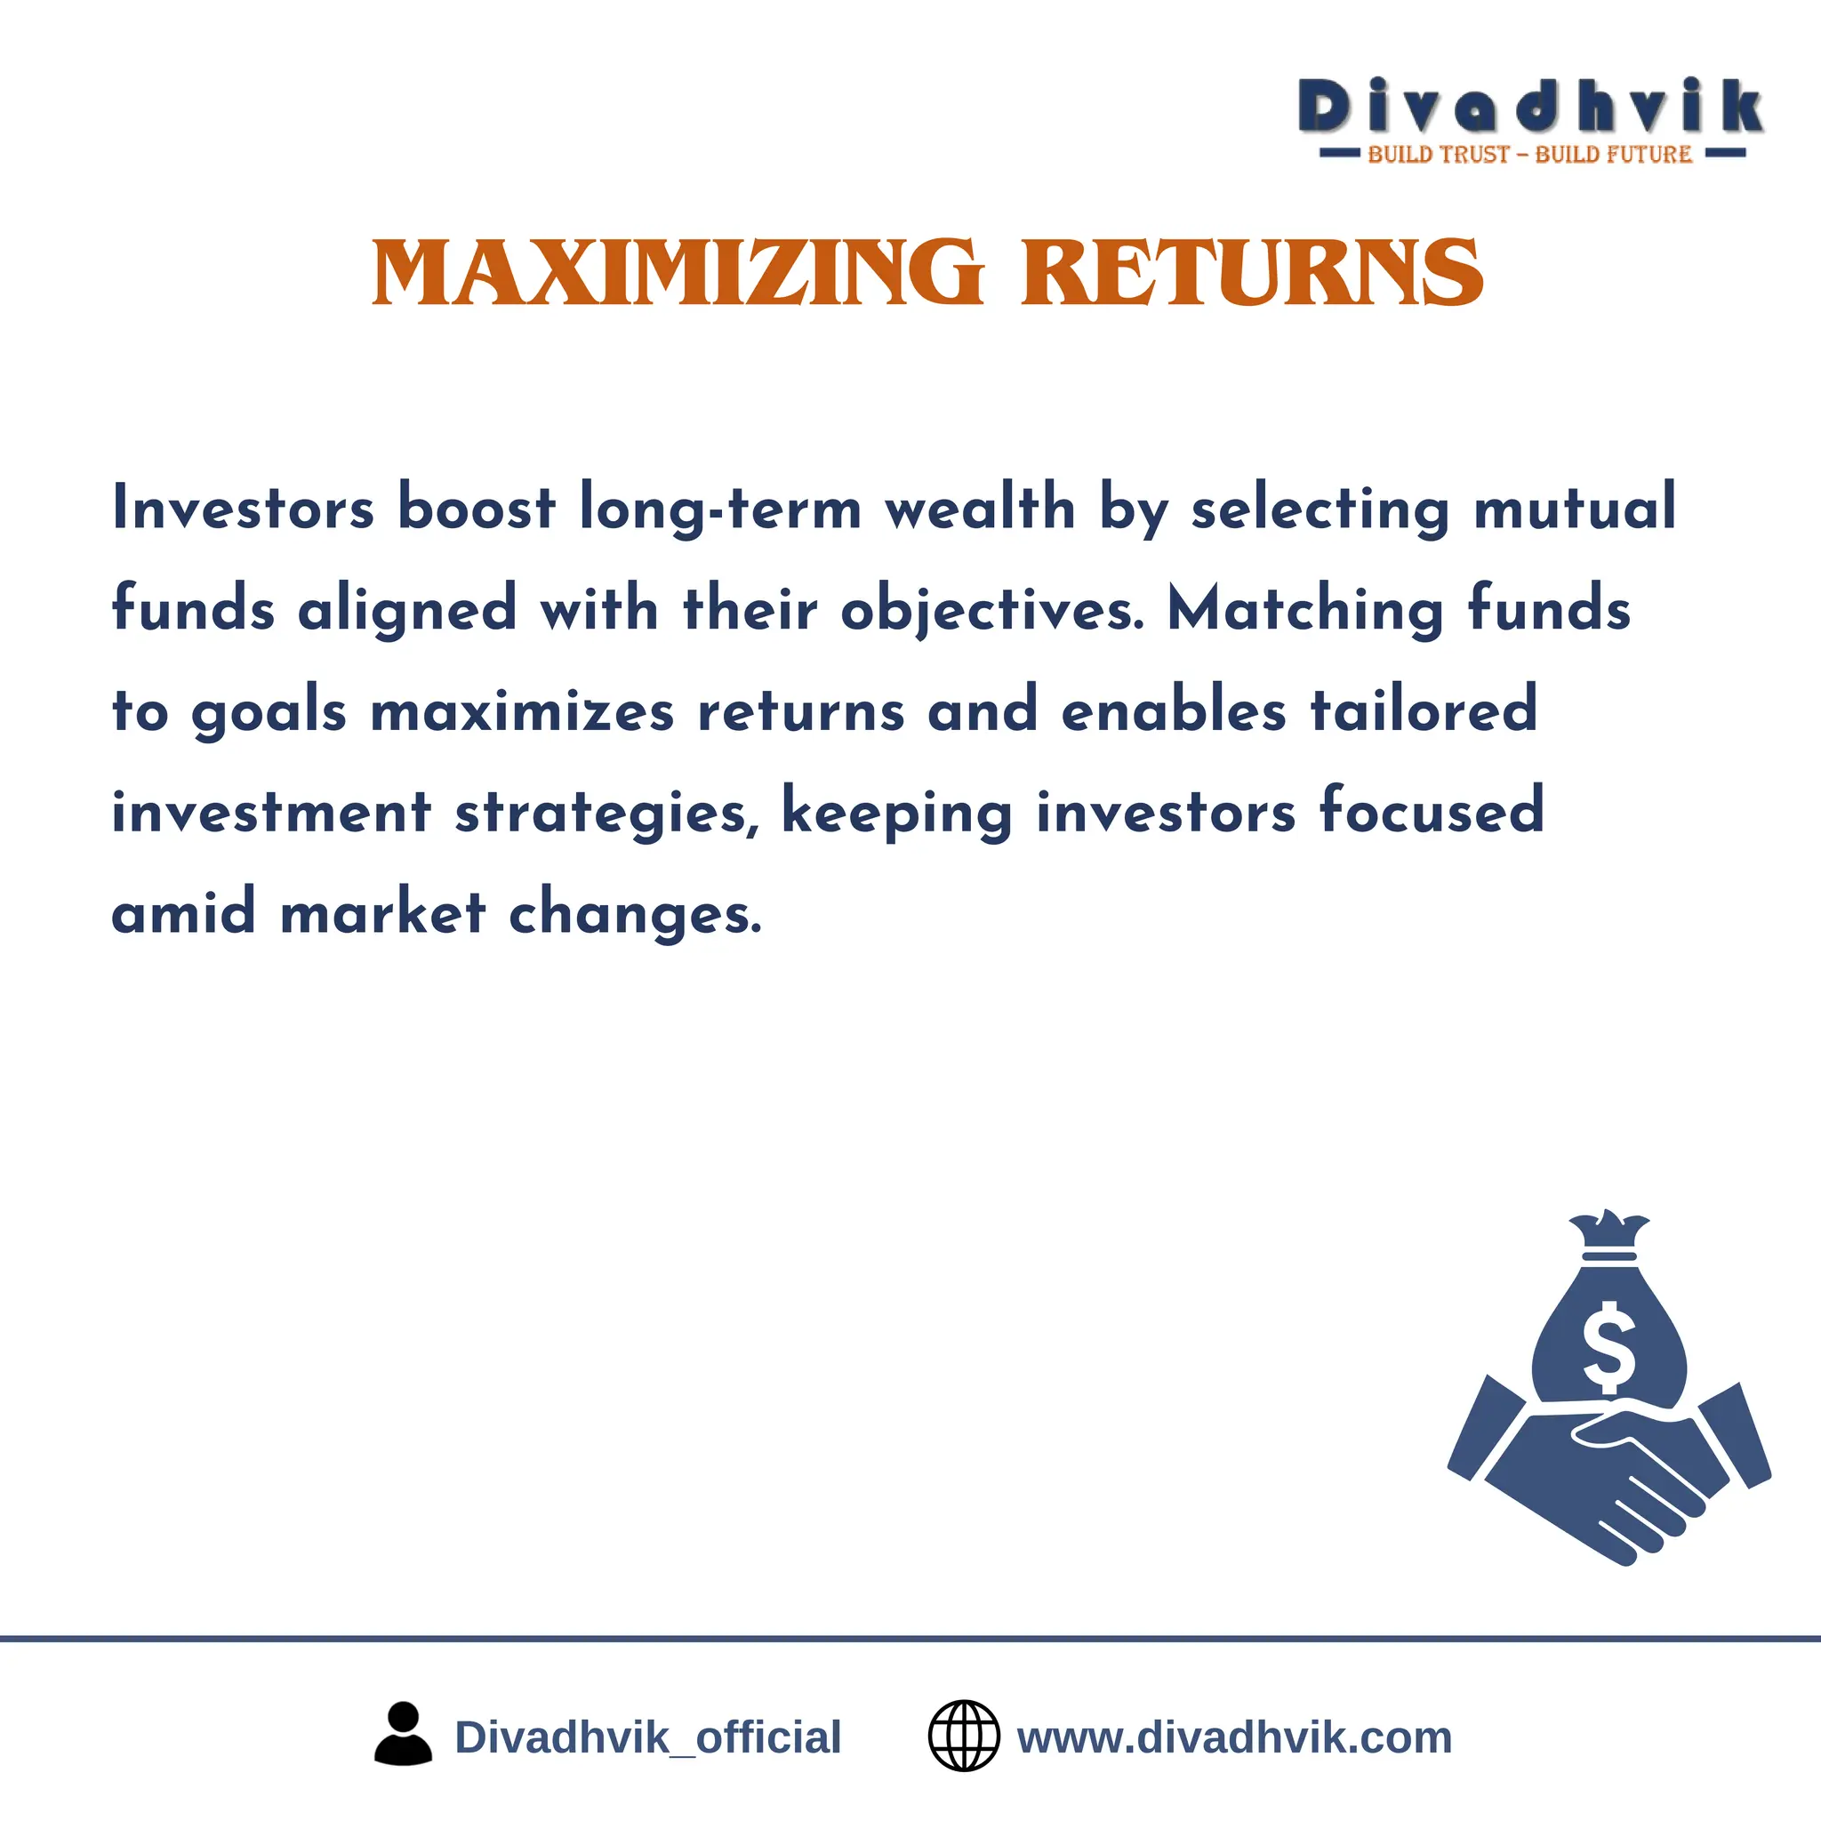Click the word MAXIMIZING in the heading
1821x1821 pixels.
(678, 272)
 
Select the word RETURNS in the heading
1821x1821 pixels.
(1253, 272)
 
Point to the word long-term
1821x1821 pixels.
(720, 509)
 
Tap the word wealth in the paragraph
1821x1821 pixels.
(980, 507)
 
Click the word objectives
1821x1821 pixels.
(991, 610)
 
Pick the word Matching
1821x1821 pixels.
(1305, 610)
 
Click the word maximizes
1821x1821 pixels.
(522, 710)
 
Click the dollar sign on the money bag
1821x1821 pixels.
(1608, 1347)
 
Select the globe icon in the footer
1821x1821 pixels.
(963, 1736)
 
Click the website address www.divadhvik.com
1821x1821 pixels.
(1235, 1737)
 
